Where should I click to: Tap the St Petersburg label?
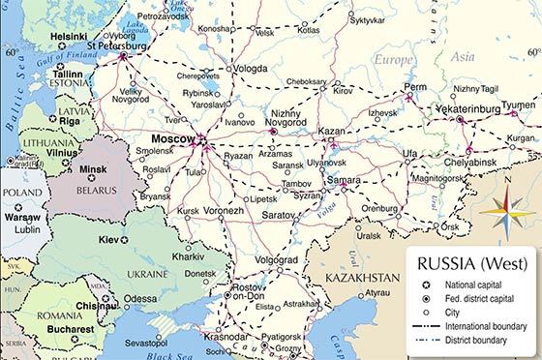116,45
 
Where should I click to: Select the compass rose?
506,210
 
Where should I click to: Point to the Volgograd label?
278,259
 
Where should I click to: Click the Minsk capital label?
92,168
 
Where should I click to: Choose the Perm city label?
415,86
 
